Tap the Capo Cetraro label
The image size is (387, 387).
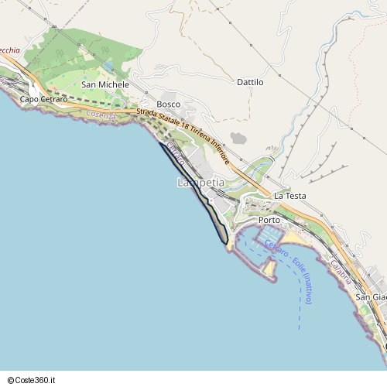[x=43, y=99]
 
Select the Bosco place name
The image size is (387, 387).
[x=168, y=104]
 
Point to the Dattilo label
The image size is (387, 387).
[x=250, y=82]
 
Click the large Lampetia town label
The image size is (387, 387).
[x=200, y=183]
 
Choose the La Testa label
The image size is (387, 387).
[x=290, y=196]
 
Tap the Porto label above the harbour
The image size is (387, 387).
[x=269, y=220]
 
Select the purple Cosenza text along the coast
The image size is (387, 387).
[x=101, y=115]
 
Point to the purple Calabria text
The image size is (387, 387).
[x=341, y=271]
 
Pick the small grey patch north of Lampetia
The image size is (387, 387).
[x=238, y=139]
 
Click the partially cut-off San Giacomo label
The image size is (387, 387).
[x=371, y=296]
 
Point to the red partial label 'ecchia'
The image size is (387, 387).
[x=10, y=50]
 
